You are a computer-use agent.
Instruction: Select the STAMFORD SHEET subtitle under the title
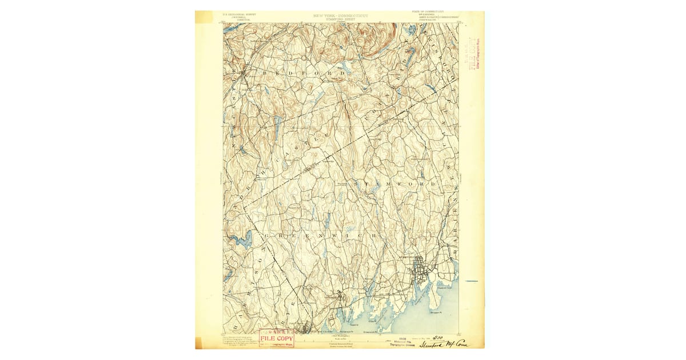coord(341,19)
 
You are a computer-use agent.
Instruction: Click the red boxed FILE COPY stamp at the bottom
coord(277,339)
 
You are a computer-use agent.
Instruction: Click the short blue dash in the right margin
coord(471,281)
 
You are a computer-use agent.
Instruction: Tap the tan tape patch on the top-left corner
coord(204,17)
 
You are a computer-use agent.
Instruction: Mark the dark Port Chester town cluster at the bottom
coord(305,329)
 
